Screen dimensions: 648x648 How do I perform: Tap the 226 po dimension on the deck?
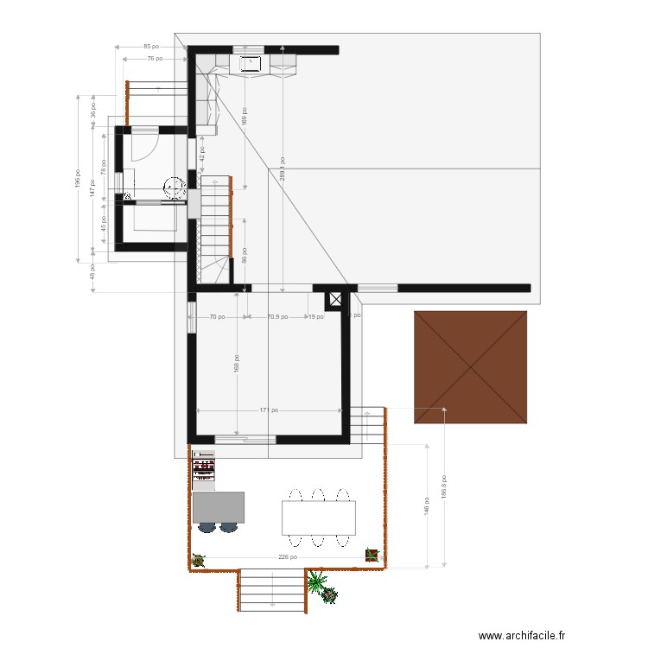(x=288, y=557)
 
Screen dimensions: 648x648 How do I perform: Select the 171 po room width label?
(x=269, y=410)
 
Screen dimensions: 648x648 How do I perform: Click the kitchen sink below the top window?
(x=251, y=62)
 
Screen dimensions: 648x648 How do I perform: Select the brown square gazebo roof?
(x=471, y=367)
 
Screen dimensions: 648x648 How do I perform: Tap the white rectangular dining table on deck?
(x=318, y=518)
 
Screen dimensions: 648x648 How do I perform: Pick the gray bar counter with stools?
(x=218, y=507)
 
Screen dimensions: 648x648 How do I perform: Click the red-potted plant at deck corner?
(x=372, y=555)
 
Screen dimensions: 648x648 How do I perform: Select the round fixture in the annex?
(x=175, y=187)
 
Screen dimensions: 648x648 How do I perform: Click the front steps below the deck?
(x=272, y=590)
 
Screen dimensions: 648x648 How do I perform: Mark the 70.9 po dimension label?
(x=276, y=317)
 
